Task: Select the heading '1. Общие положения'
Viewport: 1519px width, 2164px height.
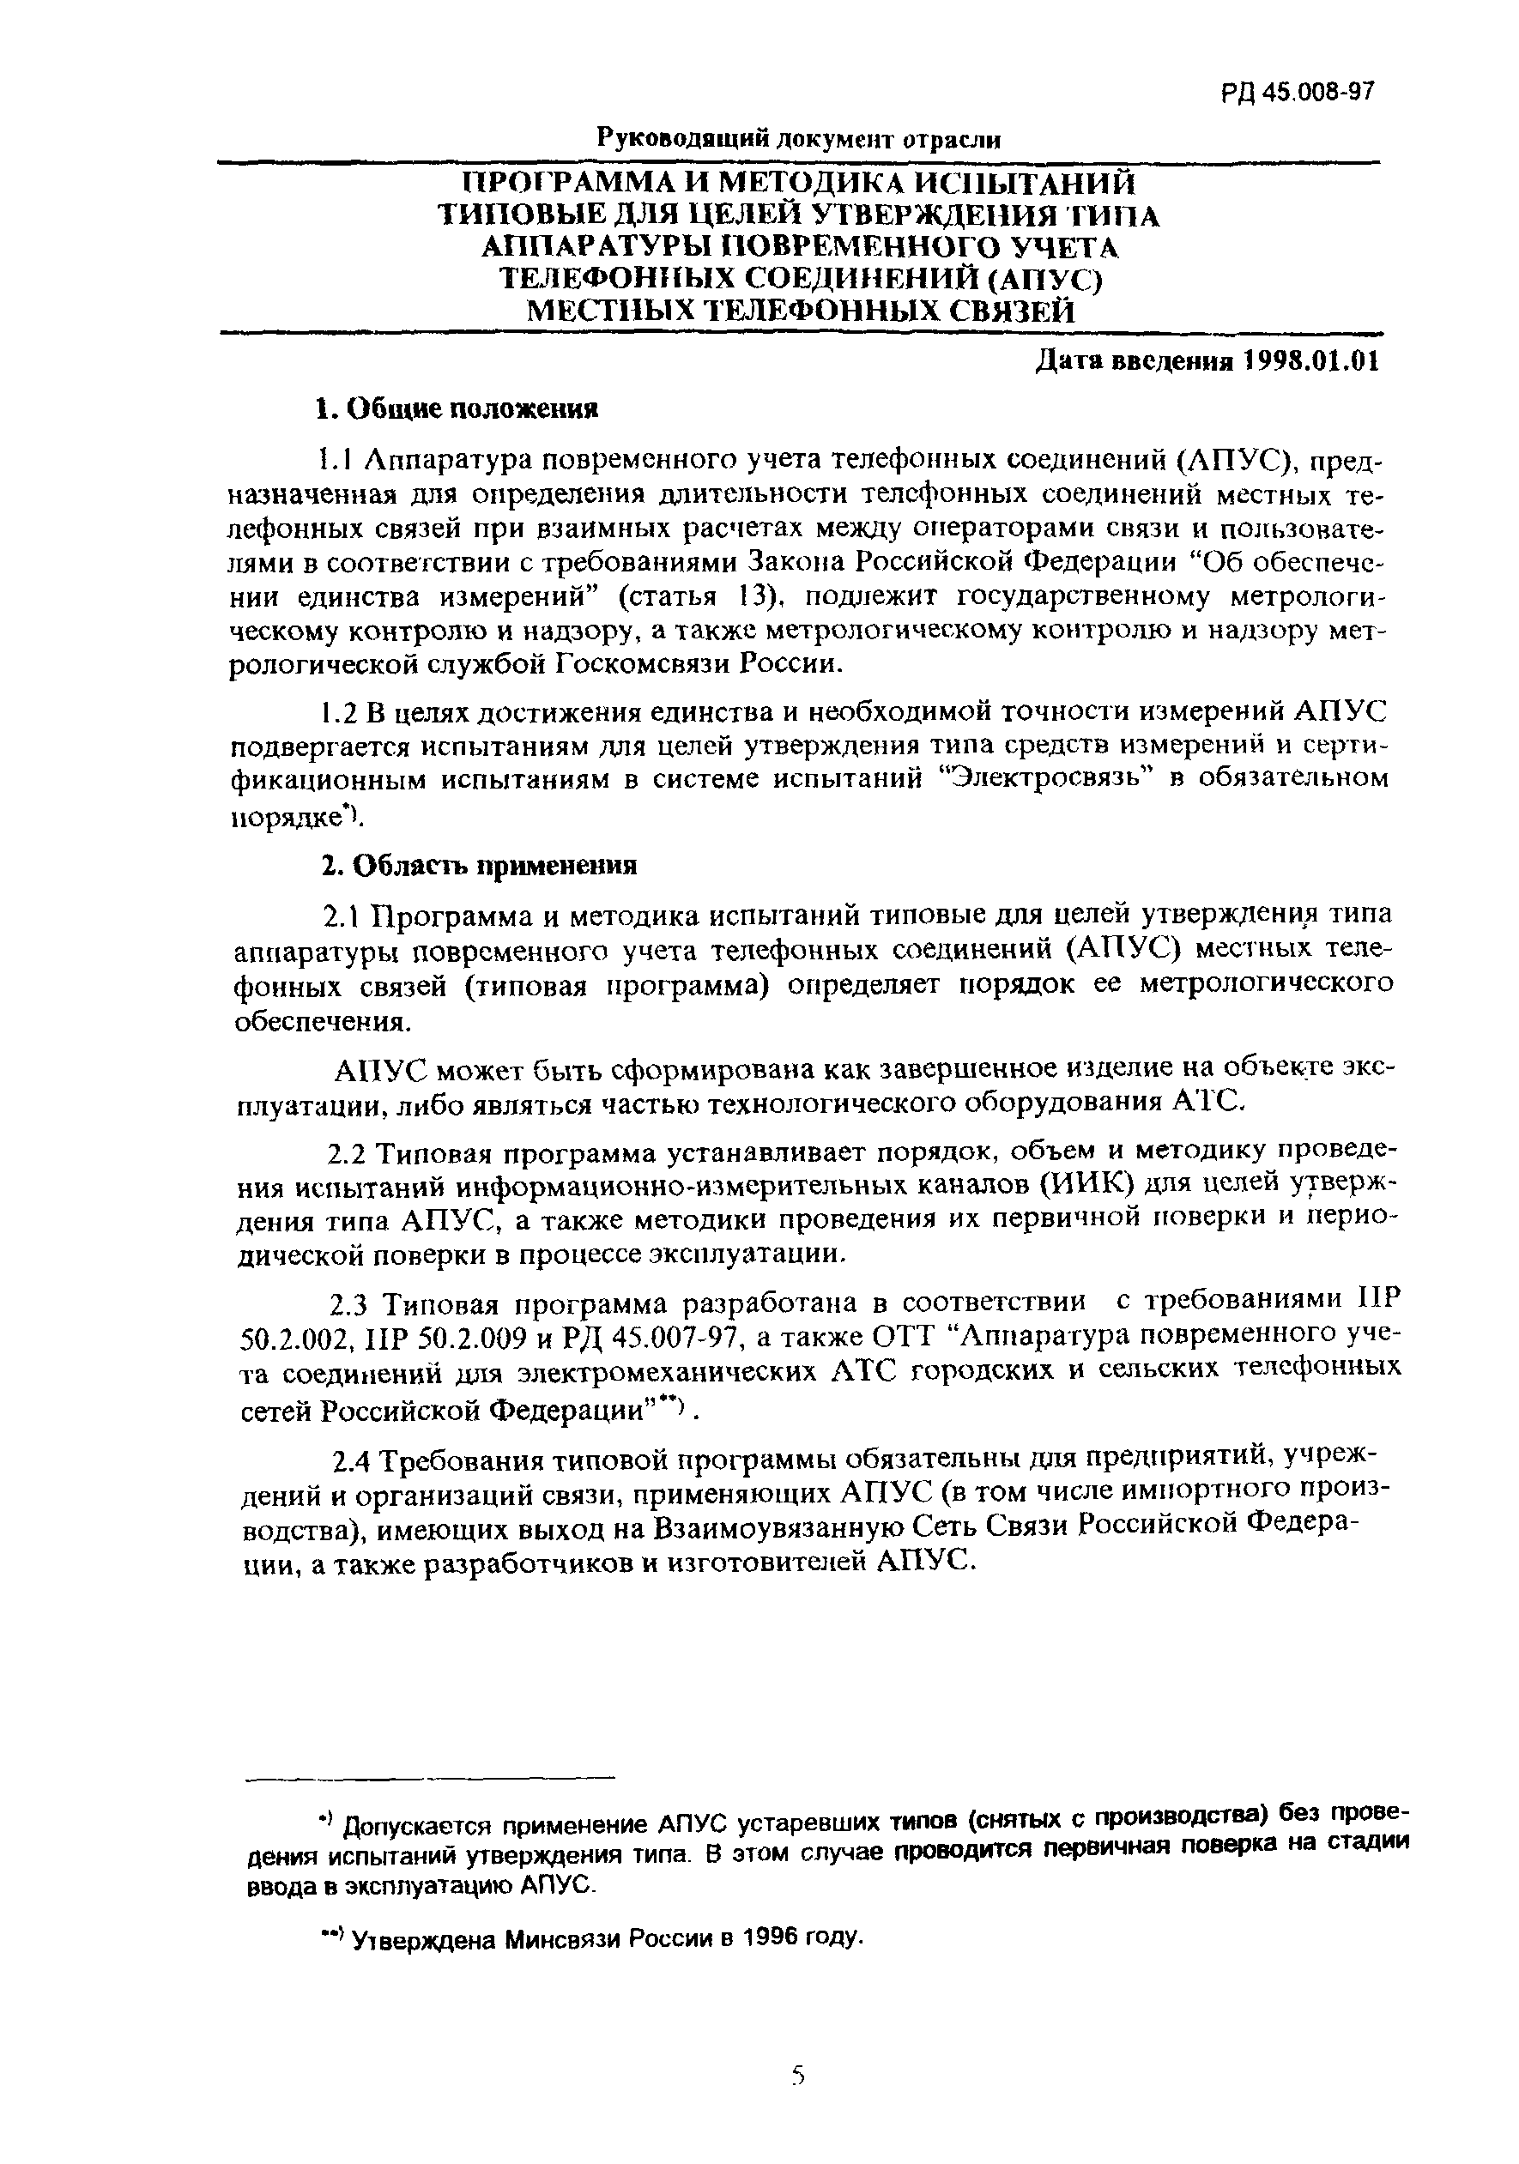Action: (x=457, y=408)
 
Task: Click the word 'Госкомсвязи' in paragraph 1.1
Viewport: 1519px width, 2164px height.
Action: (x=642, y=663)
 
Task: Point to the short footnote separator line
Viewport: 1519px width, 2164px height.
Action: (x=429, y=1779)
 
